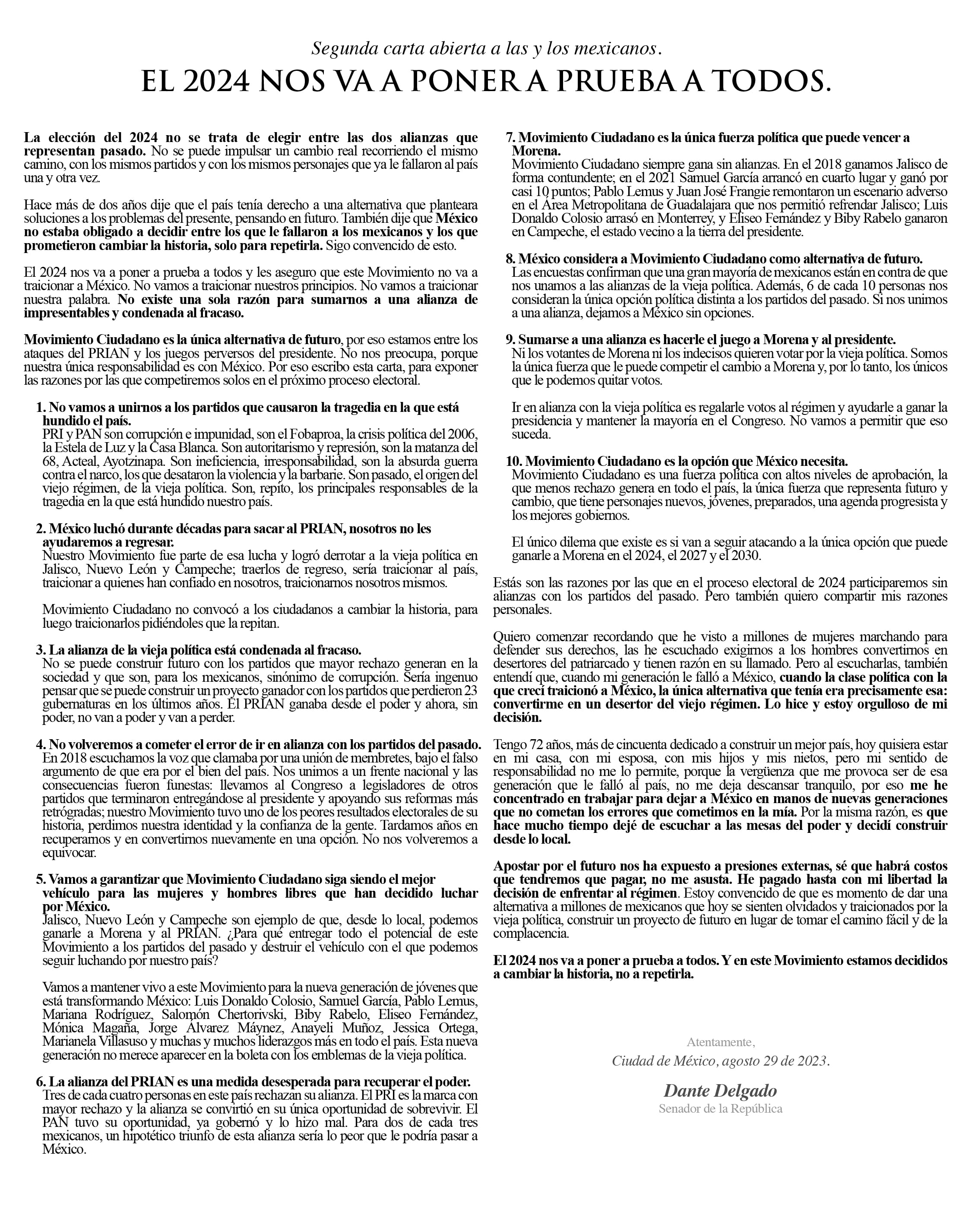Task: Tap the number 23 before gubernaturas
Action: pyautogui.click(x=471, y=691)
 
